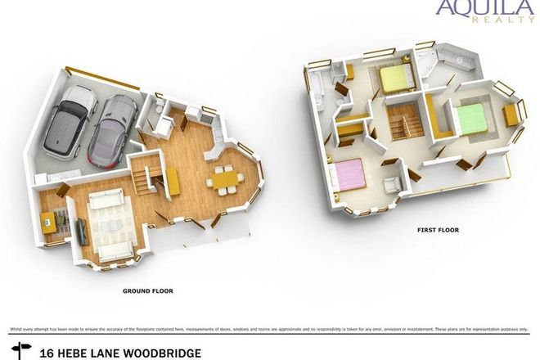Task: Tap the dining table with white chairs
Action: coord(223,178)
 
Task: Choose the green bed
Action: coord(470,119)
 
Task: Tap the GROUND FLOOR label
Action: coord(147,290)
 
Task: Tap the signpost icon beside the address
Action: coord(20,353)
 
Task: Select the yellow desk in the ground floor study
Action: coord(49,219)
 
